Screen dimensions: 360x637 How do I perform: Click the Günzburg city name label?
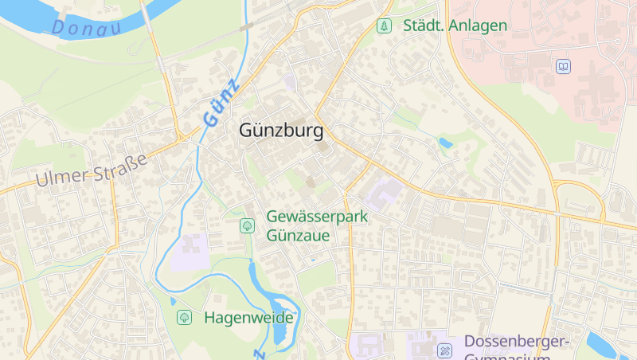(281, 131)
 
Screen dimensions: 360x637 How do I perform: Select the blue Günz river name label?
(221, 104)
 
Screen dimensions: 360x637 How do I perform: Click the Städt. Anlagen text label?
(455, 25)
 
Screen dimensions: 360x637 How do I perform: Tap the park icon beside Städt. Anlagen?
(385, 25)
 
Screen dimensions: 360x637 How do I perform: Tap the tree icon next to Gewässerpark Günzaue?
(247, 226)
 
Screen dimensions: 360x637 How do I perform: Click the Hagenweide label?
(248, 318)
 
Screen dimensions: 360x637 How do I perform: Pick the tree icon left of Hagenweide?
(185, 318)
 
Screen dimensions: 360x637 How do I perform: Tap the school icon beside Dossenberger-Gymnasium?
(444, 350)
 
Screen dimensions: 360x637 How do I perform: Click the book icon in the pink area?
(564, 66)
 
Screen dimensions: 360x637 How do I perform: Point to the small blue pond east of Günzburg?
(445, 143)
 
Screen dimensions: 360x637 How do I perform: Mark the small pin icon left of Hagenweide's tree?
(172, 301)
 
